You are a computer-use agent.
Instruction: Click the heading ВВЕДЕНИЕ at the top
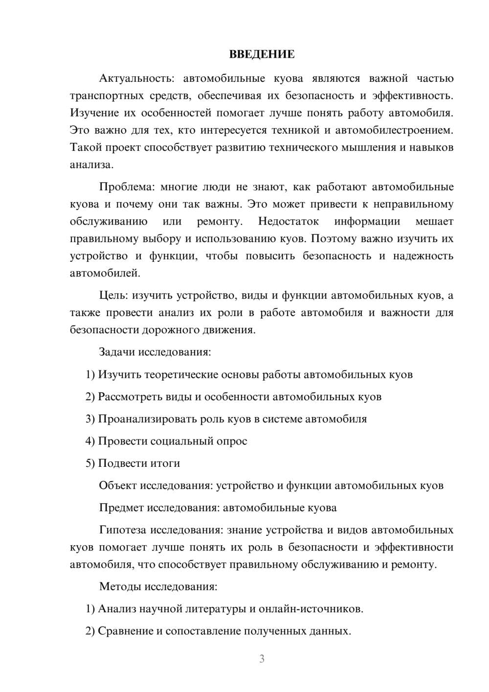point(262,54)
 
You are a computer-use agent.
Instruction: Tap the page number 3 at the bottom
point(262,659)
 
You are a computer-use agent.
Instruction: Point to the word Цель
point(113,295)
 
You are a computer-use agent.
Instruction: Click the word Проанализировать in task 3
point(147,419)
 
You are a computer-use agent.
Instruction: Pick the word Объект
point(118,485)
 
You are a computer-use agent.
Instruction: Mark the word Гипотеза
point(123,530)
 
